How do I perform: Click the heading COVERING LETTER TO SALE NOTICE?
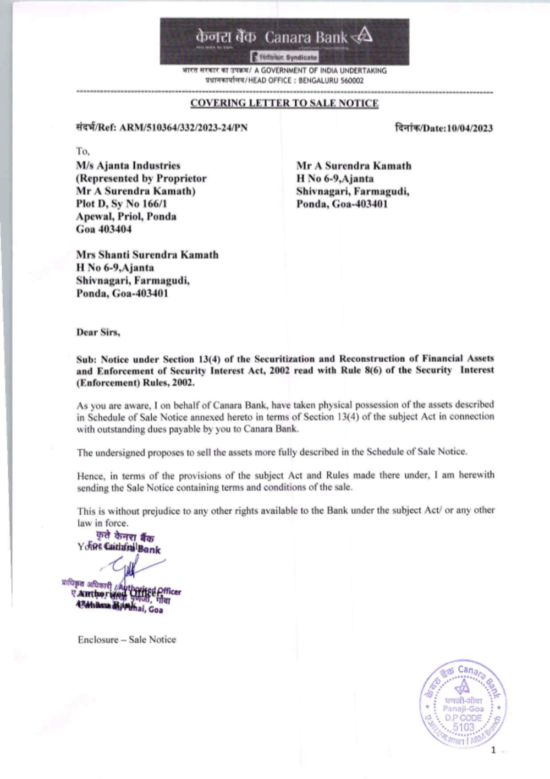[284, 103]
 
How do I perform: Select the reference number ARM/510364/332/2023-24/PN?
[183, 128]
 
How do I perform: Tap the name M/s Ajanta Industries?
[128, 166]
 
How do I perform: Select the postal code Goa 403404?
[104, 229]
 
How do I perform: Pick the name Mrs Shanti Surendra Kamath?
[147, 255]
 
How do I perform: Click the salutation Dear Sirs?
[98, 333]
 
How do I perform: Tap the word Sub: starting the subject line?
[86, 359]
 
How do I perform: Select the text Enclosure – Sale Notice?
[127, 640]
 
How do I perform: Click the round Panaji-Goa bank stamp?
[463, 704]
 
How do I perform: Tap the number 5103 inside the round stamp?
[463, 727]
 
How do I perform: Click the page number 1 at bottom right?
[493, 750]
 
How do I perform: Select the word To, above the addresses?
[83, 151]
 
